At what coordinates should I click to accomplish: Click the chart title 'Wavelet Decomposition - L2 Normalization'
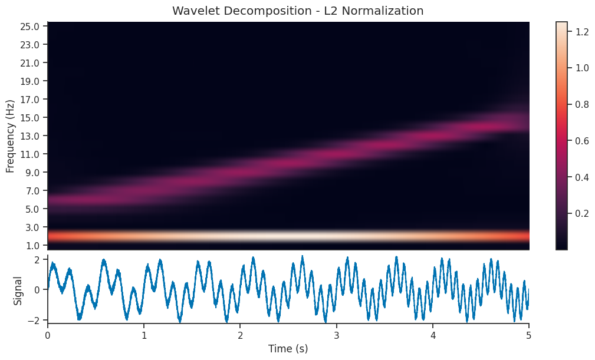tap(297, 11)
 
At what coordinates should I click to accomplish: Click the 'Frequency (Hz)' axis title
tap(11, 136)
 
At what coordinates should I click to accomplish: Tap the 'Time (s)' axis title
tap(288, 349)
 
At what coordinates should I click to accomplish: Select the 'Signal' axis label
tap(18, 290)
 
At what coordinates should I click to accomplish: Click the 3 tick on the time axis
tap(337, 333)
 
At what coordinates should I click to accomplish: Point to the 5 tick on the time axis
tap(529, 333)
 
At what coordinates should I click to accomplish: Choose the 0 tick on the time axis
tap(48, 333)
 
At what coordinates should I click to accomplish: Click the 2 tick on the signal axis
tap(36, 260)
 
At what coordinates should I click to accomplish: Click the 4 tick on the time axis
tap(433, 333)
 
